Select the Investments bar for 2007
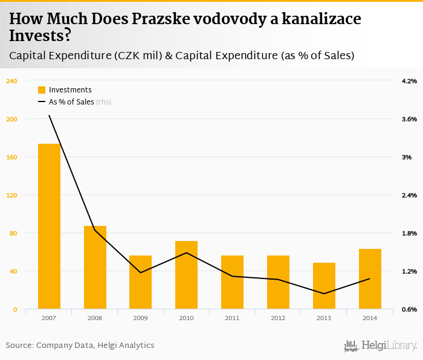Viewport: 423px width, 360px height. (49, 227)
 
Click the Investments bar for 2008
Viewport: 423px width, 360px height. (95, 268)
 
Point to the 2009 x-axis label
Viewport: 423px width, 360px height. (141, 318)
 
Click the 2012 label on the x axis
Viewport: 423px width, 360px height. (278, 318)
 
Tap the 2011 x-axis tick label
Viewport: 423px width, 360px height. (232, 318)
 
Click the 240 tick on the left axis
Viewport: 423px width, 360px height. (11, 81)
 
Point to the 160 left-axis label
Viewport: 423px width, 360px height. (11, 157)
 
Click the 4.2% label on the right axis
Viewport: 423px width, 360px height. (409, 81)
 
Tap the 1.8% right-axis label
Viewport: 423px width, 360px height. (409, 233)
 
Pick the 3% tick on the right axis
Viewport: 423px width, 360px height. (409, 157)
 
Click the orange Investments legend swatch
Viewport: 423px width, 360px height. (42, 90)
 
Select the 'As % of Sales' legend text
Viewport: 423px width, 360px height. (71, 102)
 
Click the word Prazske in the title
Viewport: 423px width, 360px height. (152, 19)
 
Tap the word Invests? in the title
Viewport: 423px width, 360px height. (40, 36)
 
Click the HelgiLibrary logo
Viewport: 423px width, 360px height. (380, 346)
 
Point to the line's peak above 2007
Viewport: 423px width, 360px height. (49, 115)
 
